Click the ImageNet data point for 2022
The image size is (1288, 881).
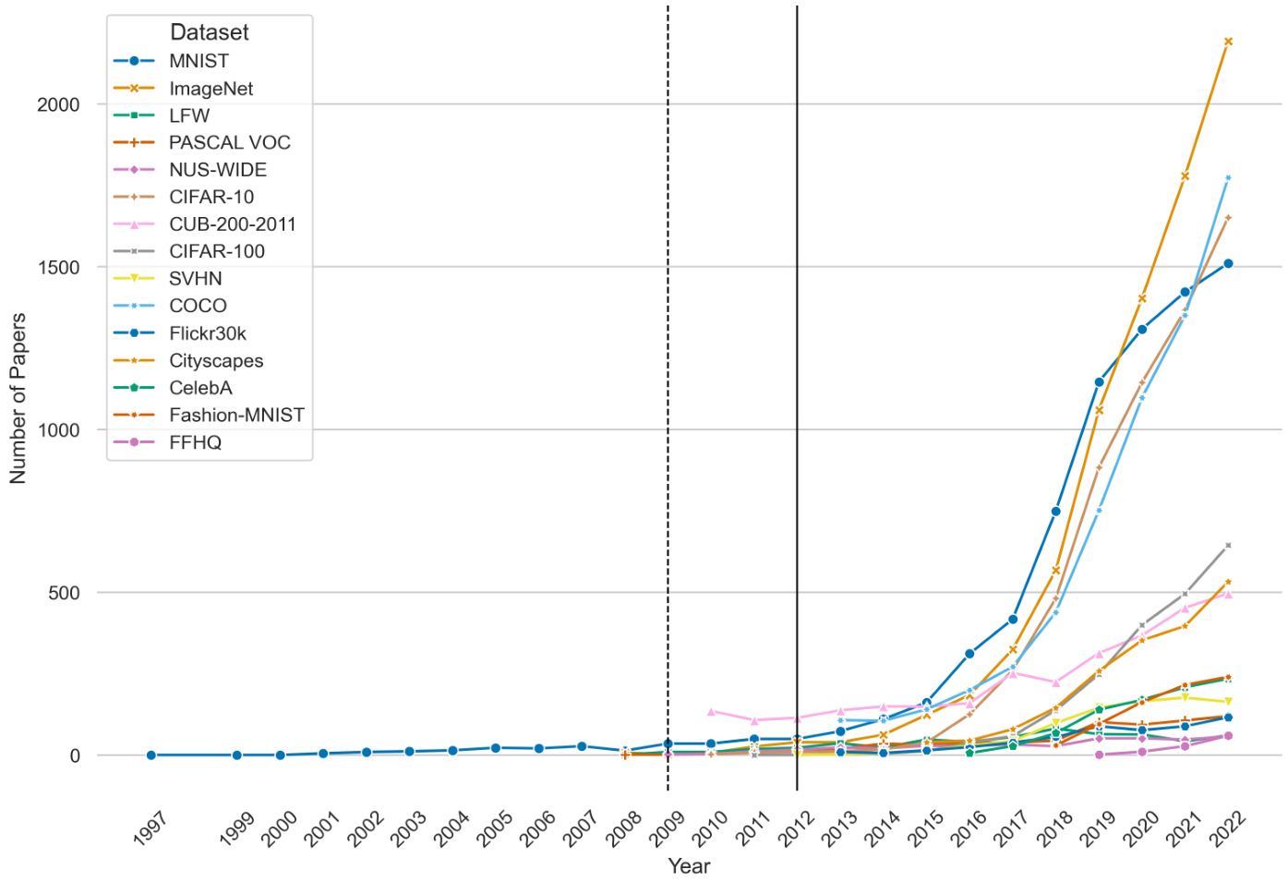pyautogui.click(x=1228, y=42)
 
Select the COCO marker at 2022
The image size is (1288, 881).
pyautogui.click(x=1228, y=177)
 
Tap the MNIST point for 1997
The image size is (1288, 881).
pyautogui.click(x=150, y=755)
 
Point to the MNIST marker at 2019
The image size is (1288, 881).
pyautogui.click(x=1099, y=381)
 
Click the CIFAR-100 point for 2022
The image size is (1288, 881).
pyautogui.click(x=1228, y=546)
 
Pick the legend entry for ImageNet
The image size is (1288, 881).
pyautogui.click(x=211, y=89)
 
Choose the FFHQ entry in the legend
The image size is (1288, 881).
pyautogui.click(x=195, y=442)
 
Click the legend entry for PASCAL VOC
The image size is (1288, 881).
pyautogui.click(x=229, y=143)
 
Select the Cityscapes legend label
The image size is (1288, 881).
pyautogui.click(x=216, y=361)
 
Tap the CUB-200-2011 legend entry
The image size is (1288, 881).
pyautogui.click(x=232, y=224)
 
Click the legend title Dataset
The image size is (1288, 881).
pyautogui.click(x=210, y=32)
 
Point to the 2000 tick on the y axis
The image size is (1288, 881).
pyautogui.click(x=58, y=104)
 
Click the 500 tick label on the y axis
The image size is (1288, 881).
pyautogui.click(x=64, y=593)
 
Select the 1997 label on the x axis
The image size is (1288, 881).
pyautogui.click(x=150, y=827)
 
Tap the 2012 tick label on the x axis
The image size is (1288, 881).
pyautogui.click(x=796, y=827)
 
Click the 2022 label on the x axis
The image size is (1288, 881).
pyautogui.click(x=1227, y=827)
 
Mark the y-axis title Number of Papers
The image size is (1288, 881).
pyautogui.click(x=18, y=398)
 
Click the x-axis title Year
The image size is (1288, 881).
pyautogui.click(x=689, y=866)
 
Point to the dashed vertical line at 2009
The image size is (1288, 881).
pyautogui.click(x=668, y=369)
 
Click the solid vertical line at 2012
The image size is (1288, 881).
pyautogui.click(x=797, y=369)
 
